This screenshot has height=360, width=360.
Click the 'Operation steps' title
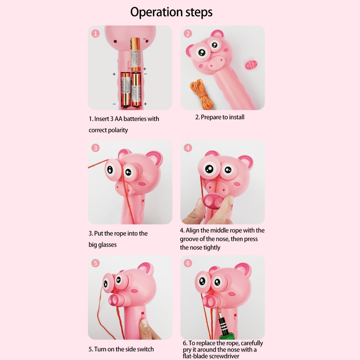pos(171,12)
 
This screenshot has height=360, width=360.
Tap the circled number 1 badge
pos(95,33)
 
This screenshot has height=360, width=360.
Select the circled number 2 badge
pos(188,33)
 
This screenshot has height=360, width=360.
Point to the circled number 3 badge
pos(95,148)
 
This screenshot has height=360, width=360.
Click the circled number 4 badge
pos(188,148)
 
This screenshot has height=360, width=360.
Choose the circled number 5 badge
pos(95,263)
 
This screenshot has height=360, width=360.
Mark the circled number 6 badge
pos(188,263)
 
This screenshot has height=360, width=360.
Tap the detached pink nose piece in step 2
pos(251,65)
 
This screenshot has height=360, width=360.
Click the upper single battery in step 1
pos(135,54)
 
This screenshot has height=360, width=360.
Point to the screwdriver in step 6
pos(224,325)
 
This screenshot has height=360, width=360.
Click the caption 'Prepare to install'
pos(222,117)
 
